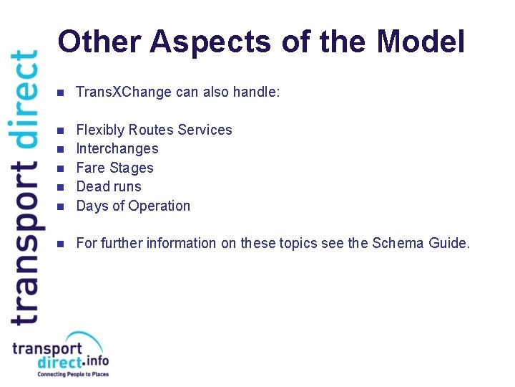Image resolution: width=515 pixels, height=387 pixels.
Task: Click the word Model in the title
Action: click(x=421, y=42)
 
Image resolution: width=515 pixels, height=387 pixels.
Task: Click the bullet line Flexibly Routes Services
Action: click(x=154, y=130)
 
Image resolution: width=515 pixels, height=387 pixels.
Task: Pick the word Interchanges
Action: click(x=117, y=149)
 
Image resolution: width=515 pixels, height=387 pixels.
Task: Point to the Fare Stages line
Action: click(x=114, y=168)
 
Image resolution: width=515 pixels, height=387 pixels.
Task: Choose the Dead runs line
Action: click(x=109, y=186)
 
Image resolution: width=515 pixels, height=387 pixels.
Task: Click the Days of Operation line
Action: click(x=133, y=206)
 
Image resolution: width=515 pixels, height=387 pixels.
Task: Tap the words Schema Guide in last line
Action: click(x=421, y=243)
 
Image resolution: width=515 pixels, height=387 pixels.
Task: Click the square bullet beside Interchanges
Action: click(x=61, y=149)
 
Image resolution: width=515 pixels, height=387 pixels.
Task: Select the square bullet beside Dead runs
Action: click(x=61, y=187)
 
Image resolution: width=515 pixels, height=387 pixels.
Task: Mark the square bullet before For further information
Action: click(x=61, y=244)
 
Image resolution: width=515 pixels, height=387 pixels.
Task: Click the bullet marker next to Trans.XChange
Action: click(x=61, y=92)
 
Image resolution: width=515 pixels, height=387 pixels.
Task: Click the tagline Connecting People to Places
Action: click(x=72, y=374)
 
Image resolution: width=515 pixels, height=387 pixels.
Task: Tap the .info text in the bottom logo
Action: click(x=97, y=360)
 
